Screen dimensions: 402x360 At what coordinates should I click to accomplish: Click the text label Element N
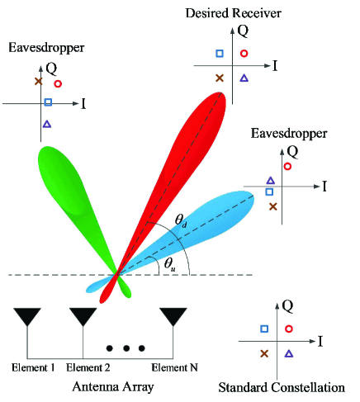pyautogui.click(x=174, y=367)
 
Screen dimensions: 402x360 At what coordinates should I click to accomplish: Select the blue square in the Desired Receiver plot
pyautogui.click(x=220, y=54)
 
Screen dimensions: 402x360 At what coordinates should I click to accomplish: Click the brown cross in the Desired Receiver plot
pyautogui.click(x=219, y=78)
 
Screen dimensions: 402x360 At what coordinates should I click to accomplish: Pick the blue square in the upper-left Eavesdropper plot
pyautogui.click(x=48, y=102)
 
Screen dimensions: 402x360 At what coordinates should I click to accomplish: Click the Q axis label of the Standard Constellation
pyautogui.click(x=288, y=306)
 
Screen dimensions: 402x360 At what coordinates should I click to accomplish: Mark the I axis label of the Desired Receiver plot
pyautogui.click(x=274, y=64)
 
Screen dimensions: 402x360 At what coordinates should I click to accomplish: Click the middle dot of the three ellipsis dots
pyautogui.click(x=127, y=348)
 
